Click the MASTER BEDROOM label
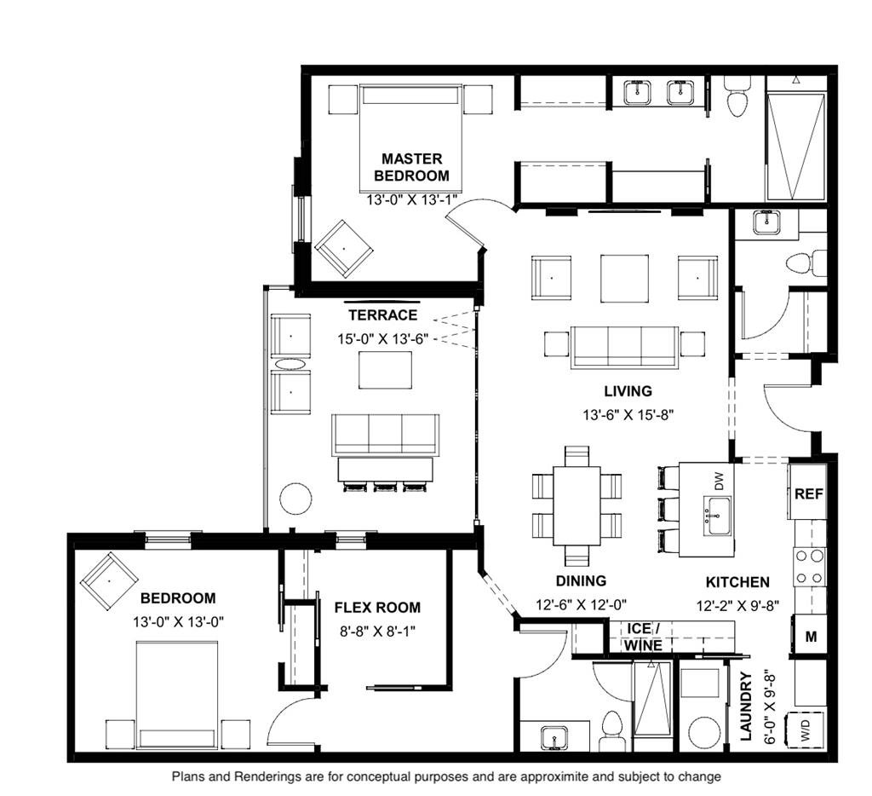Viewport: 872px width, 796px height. click(411, 168)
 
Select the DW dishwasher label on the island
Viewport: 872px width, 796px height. click(719, 481)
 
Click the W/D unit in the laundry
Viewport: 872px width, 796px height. click(806, 728)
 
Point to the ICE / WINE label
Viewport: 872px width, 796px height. click(644, 637)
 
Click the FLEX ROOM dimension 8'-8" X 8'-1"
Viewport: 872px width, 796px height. click(377, 632)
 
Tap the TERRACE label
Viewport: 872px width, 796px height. click(382, 315)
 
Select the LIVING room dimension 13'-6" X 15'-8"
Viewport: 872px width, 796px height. click(628, 415)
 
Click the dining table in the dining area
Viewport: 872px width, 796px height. click(577, 505)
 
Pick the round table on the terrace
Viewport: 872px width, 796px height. click(295, 498)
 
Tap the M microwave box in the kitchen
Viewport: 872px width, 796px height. click(811, 636)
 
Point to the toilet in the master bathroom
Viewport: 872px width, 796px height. click(738, 97)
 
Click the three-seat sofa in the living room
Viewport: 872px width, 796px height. click(624, 348)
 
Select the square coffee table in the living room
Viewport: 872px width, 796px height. click(624, 279)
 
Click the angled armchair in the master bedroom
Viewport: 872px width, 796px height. click(344, 249)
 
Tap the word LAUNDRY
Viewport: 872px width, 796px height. click(746, 707)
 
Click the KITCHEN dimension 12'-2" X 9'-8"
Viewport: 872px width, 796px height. click(737, 606)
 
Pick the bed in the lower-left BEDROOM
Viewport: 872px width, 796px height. click(177, 695)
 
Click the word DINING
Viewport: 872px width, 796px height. click(581, 581)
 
